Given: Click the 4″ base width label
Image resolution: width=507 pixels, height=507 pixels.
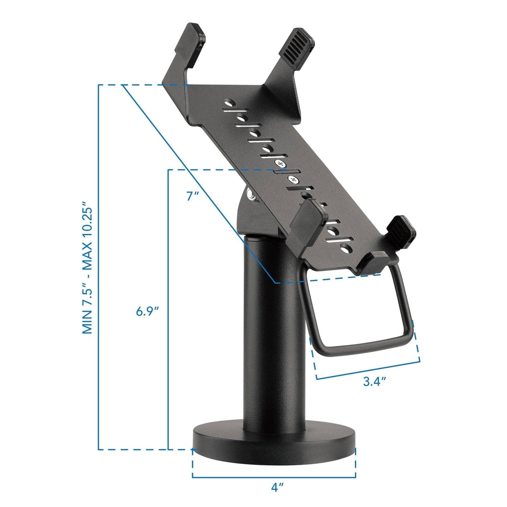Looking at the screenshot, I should pyautogui.click(x=277, y=487).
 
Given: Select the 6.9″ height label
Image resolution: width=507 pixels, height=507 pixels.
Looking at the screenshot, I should pyautogui.click(x=147, y=311).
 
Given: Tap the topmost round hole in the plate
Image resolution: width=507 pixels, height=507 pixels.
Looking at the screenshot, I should pyautogui.click(x=230, y=102).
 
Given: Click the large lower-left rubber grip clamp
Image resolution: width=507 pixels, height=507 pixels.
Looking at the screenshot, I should pyautogui.click(x=309, y=220).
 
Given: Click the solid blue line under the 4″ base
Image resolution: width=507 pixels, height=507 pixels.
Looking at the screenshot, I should pyautogui.click(x=274, y=478).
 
